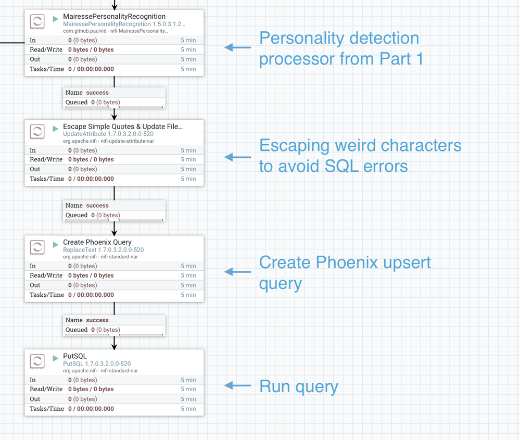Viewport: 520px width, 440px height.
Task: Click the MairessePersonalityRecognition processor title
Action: [x=114, y=17]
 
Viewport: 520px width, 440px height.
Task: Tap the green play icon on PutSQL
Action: [x=56, y=359]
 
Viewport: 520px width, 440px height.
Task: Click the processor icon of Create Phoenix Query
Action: [x=37, y=247]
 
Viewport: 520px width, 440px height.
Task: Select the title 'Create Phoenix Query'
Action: [x=97, y=242]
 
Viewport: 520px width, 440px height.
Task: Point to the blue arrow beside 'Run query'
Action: [x=237, y=386]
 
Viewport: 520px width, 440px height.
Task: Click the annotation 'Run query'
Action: [x=298, y=386]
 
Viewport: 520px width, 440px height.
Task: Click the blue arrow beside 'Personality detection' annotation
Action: [x=237, y=47]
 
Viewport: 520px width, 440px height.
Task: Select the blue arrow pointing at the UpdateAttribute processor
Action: [x=237, y=157]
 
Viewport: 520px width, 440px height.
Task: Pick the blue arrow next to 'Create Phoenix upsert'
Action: [x=237, y=272]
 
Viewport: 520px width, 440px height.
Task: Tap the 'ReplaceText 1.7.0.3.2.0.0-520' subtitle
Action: [x=103, y=250]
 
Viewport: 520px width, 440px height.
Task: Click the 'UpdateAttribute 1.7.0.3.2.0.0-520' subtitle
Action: [x=108, y=134]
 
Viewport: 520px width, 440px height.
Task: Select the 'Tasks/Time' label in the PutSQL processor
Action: [x=47, y=409]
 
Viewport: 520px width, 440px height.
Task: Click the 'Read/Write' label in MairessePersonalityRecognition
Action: [x=46, y=49]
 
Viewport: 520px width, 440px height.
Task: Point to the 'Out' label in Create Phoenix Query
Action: [x=35, y=285]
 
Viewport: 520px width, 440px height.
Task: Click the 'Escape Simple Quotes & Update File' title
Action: [x=123, y=127]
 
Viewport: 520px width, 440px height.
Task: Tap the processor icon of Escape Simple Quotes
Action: [x=37, y=131]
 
